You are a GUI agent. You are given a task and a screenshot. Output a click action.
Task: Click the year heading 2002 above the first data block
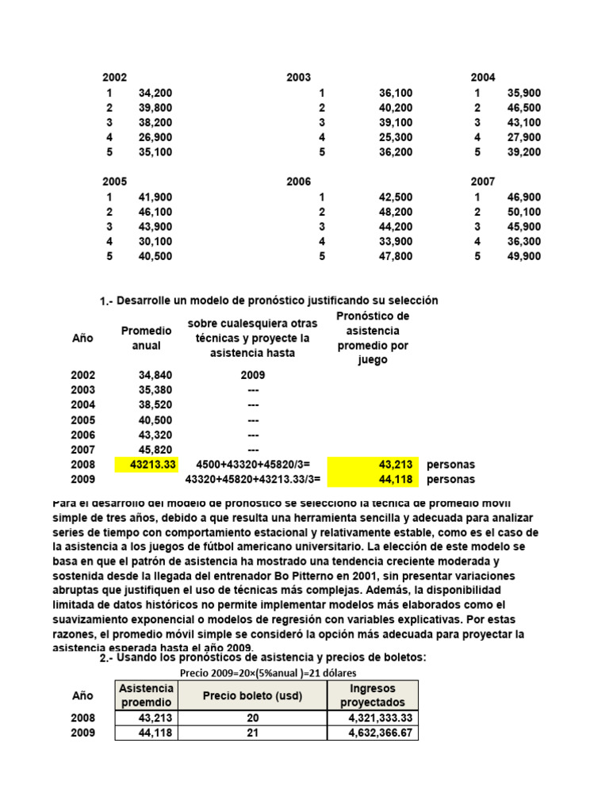[114, 78]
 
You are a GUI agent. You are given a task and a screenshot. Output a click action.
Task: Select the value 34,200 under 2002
[155, 93]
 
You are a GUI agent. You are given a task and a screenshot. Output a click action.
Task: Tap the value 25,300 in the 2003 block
[396, 137]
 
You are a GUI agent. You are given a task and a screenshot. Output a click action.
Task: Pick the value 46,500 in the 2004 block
[524, 108]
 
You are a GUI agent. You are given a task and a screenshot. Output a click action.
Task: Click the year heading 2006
[298, 182]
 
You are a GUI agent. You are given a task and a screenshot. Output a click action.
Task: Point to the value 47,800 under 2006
[396, 256]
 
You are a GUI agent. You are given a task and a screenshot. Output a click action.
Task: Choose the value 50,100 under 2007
[524, 212]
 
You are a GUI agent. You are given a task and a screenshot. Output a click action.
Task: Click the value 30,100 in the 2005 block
[155, 241]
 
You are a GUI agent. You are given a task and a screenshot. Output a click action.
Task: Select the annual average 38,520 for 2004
[155, 404]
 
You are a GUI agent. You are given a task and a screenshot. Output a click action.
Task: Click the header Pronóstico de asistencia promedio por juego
[373, 338]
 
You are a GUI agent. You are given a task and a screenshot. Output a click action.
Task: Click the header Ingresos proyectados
[373, 695]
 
